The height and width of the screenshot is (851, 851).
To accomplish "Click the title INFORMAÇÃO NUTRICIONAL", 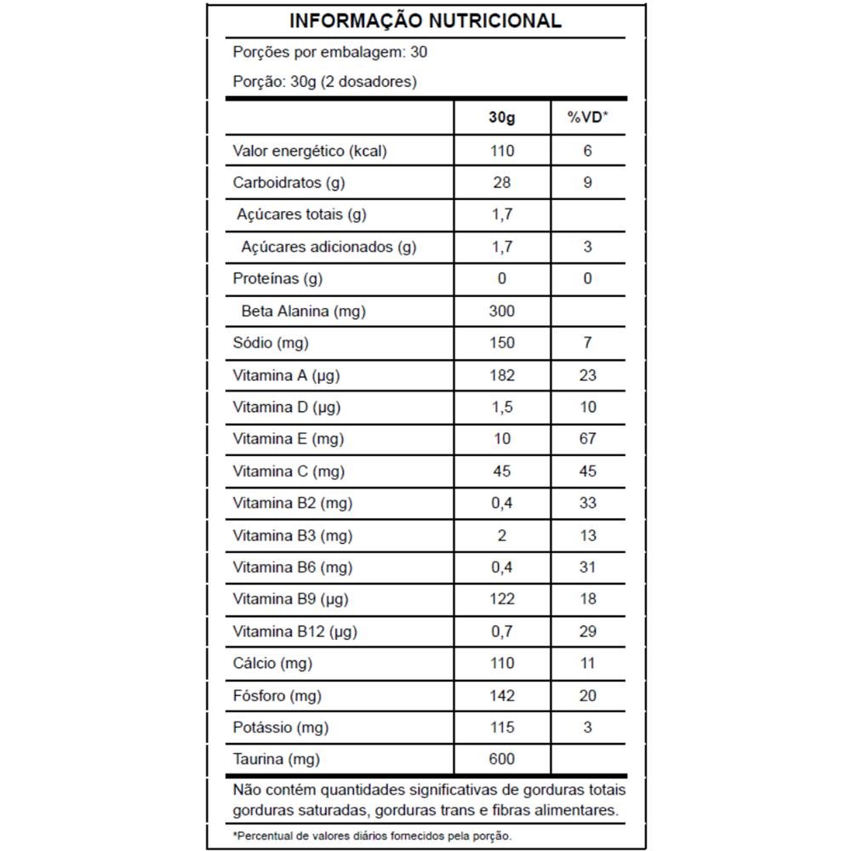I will pos(425,21).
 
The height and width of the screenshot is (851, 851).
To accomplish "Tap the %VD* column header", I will pos(588,118).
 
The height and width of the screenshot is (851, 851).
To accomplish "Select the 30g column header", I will pos(502,118).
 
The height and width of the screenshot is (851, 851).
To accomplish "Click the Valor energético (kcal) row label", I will pos(310,151).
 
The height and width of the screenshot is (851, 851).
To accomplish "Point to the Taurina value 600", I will pos(502,759).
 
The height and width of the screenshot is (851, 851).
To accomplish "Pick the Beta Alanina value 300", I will pos(502,311).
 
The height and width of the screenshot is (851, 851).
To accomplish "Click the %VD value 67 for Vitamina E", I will pos(588,439).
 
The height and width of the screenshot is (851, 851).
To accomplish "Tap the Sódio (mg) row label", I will pos(271,343).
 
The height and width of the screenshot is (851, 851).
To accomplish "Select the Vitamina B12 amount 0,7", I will pos(502,631).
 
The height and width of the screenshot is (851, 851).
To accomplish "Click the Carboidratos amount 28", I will pos(502,183).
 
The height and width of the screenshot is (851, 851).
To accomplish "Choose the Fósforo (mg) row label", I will pos(277,696).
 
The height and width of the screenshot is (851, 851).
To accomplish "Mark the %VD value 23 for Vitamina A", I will pos(588,375).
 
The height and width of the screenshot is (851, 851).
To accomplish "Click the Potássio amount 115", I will pos(502,728).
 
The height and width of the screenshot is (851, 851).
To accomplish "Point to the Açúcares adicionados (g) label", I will pos(328,248).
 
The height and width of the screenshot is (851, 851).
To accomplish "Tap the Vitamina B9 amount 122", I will pos(502,599).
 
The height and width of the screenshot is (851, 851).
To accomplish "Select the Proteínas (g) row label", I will pos(277,279).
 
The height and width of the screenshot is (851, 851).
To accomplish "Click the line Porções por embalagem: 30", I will pos(330,52).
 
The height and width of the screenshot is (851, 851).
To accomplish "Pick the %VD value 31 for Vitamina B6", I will pos(588,568).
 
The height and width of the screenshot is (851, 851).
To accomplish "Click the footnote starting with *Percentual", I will pos(373,836).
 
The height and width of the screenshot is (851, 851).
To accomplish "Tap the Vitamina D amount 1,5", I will pos(502,408).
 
